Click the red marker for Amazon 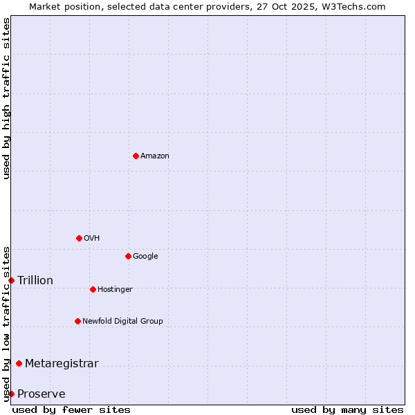pyautogui.click(x=136, y=156)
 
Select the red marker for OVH pyautogui.click(x=79, y=238)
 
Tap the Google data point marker pyautogui.click(x=128, y=256)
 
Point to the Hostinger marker pyautogui.click(x=93, y=289)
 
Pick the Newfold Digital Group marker pyautogui.click(x=77, y=321)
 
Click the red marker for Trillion pyautogui.click(x=11, y=280)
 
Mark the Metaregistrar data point pyautogui.click(x=19, y=363)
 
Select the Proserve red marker pyautogui.click(x=11, y=394)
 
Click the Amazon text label pyautogui.click(x=155, y=156)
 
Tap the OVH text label pyautogui.click(x=92, y=239)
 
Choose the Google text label pyautogui.click(x=145, y=257)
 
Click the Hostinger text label pyautogui.click(x=115, y=290)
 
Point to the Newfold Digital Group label pyautogui.click(x=122, y=322)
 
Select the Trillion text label pyautogui.click(x=35, y=281)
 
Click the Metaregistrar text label pyautogui.click(x=62, y=364)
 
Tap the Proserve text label pyautogui.click(x=41, y=394)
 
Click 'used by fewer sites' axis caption pyautogui.click(x=71, y=409)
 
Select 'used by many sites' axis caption pyautogui.click(x=347, y=409)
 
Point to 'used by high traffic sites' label pyautogui.click(x=6, y=98)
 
